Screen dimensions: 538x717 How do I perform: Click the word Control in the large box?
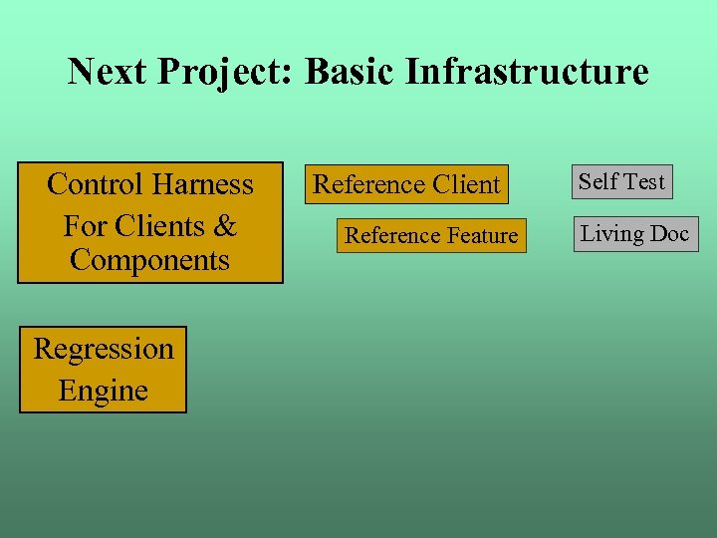click(95, 184)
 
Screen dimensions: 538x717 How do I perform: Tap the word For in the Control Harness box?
click(85, 226)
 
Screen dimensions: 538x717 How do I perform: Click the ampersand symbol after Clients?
click(226, 226)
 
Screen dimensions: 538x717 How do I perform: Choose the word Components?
click(149, 261)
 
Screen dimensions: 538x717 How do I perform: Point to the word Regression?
click(104, 349)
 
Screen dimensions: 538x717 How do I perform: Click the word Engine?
click(104, 391)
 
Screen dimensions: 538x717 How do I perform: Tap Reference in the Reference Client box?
click(369, 184)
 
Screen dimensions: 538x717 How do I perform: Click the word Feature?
click(482, 236)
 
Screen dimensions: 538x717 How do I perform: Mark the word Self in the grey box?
click(598, 181)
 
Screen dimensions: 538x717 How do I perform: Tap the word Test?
click(644, 181)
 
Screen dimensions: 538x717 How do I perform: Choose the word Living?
click(611, 234)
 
